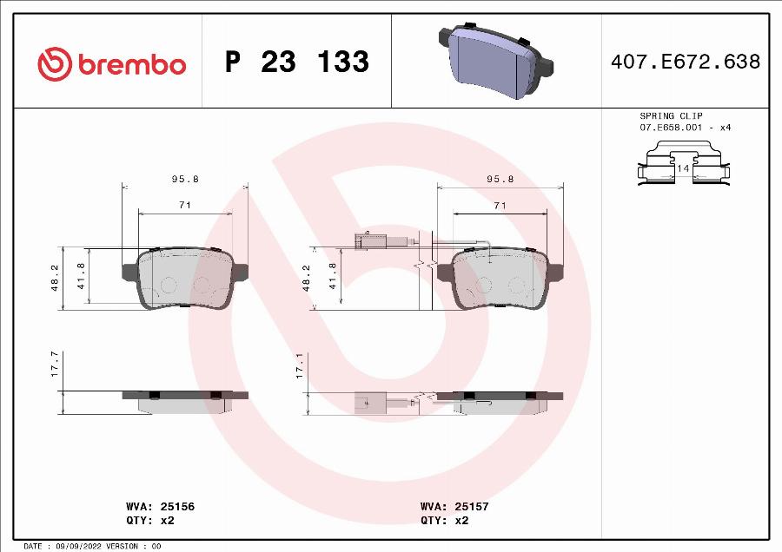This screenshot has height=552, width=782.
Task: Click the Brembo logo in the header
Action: (112, 63)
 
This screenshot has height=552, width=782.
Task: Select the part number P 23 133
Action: (296, 62)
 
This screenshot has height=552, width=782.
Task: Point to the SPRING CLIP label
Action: (671, 115)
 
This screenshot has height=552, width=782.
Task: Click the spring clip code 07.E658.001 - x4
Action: (685, 128)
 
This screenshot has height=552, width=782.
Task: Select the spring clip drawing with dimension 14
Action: (683, 165)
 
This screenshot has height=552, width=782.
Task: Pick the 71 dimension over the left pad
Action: (185, 205)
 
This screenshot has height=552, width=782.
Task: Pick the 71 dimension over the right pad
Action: (500, 205)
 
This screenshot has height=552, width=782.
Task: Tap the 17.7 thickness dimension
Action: (55, 364)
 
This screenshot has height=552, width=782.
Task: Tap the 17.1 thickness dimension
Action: (300, 364)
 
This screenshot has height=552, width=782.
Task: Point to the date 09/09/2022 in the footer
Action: (74, 546)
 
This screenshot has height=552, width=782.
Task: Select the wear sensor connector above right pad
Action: (368, 240)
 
